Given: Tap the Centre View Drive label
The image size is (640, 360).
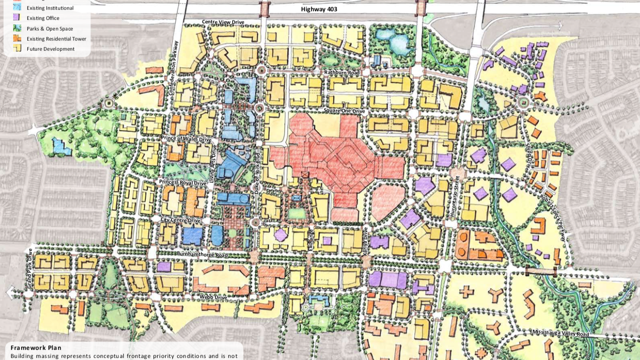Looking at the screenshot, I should point(223,22).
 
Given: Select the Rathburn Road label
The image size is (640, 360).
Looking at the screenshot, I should point(341,73).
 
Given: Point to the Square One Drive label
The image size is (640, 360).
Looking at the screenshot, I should point(344,111).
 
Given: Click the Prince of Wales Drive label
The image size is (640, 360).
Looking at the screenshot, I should point(186,139).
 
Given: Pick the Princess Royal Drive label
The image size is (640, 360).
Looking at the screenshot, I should point(182,183).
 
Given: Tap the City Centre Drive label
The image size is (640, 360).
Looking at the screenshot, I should point(180,220).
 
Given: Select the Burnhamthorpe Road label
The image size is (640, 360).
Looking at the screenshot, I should point(201,255).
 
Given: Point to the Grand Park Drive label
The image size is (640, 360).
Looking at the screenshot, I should point(30,269).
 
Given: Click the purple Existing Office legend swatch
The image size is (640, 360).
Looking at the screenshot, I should point(17,18).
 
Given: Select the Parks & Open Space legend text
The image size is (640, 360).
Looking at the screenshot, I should point(50,29).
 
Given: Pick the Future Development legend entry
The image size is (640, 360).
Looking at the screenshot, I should point(50,49).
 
